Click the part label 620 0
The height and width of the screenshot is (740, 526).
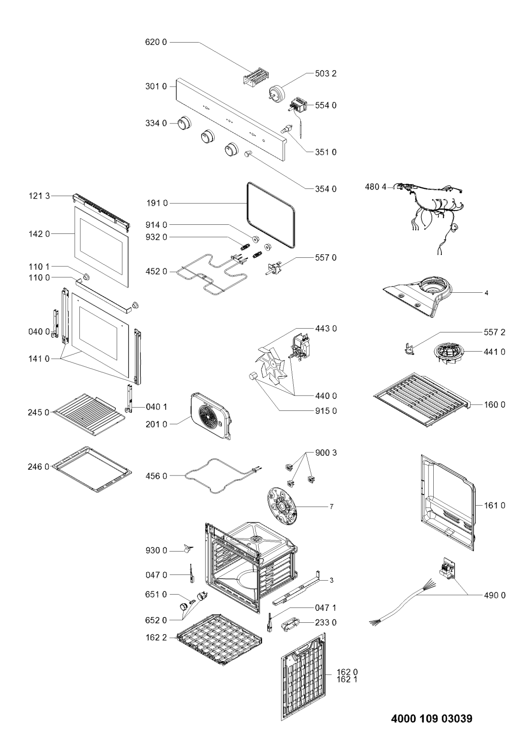[x=156, y=42]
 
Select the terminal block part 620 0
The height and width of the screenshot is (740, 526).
[x=254, y=79]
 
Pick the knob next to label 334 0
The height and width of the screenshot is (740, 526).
[x=183, y=123]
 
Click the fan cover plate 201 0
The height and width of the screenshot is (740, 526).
[x=212, y=416]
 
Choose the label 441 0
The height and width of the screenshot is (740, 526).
[x=494, y=352]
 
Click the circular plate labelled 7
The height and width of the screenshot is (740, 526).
[x=280, y=507]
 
